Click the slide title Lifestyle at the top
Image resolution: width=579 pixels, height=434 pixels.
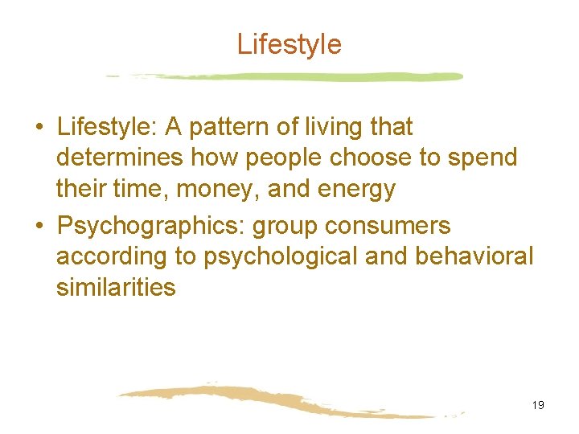click(x=289, y=44)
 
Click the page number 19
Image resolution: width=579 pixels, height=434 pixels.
click(x=538, y=405)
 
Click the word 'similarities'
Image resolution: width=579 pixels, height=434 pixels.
click(x=116, y=287)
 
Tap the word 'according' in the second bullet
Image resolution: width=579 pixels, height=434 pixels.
click(x=112, y=256)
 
